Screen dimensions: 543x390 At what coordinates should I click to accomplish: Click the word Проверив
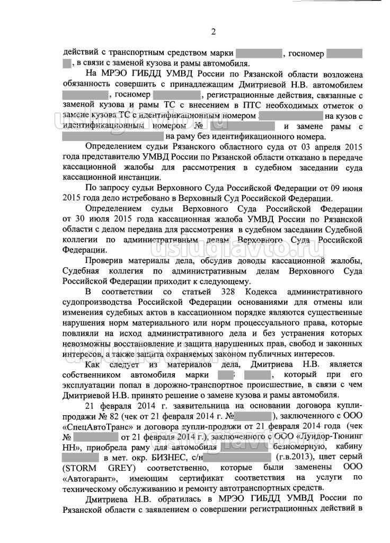pos(108,261)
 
